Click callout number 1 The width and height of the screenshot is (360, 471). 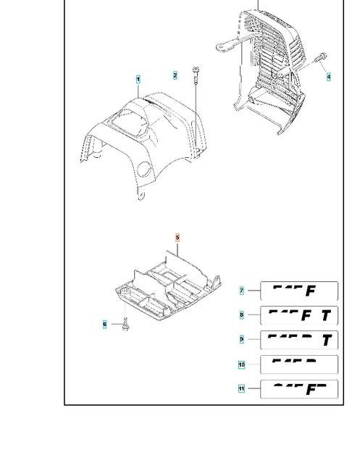pos(138,79)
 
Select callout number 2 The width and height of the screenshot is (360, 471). pos(175,75)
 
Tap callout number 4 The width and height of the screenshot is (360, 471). pos(328,76)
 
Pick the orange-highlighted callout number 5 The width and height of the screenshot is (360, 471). pos(176,237)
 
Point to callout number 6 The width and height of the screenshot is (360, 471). pos(104,324)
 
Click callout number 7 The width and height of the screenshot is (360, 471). pos(242,291)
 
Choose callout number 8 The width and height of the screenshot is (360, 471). pos(242,315)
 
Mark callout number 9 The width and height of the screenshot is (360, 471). pos(242,339)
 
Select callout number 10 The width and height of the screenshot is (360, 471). pos(242,364)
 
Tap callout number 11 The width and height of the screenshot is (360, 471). pos(242,389)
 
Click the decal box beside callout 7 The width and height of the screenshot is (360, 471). pos(298,291)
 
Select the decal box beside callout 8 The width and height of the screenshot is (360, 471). pos(298,315)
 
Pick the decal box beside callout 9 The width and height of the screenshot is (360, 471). pos(298,339)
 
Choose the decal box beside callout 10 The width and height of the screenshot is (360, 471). pos(298,364)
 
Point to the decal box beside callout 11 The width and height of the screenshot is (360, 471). pos(298,389)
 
